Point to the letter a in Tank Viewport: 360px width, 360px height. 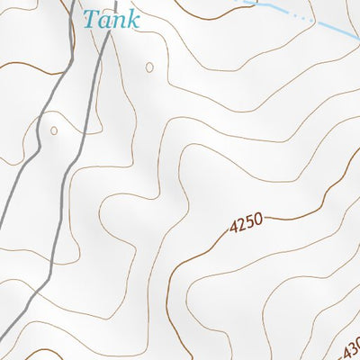click(x=104, y=21)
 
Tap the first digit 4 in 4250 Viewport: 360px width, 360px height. click(x=234, y=229)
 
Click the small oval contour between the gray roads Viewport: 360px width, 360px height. click(x=54, y=131)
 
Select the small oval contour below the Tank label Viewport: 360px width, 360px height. click(x=148, y=67)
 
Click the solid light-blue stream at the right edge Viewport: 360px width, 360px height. click(x=346, y=34)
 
